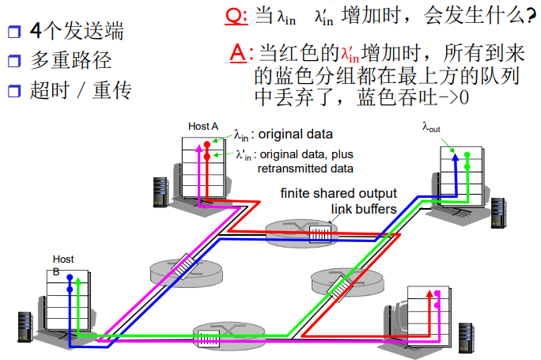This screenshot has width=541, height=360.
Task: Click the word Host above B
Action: click(63, 259)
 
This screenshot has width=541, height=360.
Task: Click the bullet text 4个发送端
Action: click(76, 31)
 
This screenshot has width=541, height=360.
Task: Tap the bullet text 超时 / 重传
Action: click(80, 89)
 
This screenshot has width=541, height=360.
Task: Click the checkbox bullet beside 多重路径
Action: click(13, 61)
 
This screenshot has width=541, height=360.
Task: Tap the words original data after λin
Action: click(296, 135)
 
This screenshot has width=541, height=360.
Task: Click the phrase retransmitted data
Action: click(305, 168)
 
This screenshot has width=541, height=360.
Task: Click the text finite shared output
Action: click(329, 194)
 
